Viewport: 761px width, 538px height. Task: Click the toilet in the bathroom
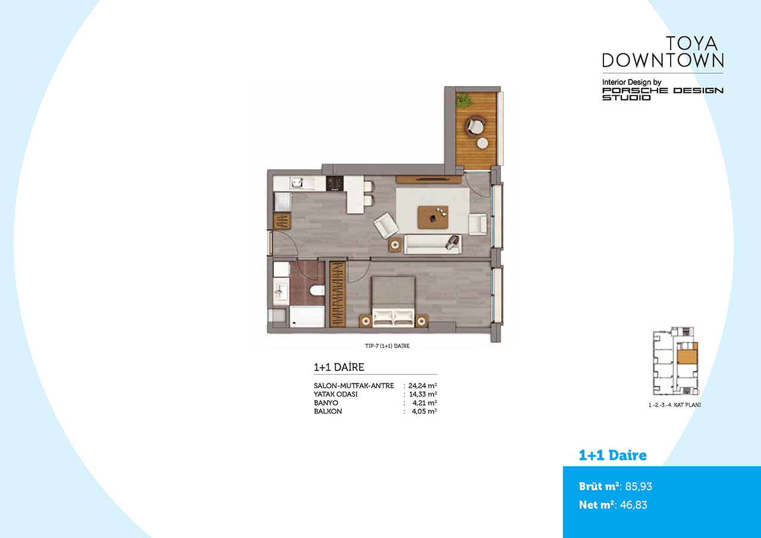click(317, 290)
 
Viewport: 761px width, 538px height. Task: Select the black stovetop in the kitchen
click(335, 184)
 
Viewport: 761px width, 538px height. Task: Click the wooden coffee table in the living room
click(433, 217)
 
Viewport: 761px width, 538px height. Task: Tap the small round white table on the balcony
click(482, 143)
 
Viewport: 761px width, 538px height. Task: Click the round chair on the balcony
click(475, 126)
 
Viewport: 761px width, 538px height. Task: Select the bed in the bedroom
click(394, 301)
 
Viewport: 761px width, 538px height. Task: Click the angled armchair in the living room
click(386, 225)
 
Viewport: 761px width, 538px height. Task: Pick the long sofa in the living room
click(433, 244)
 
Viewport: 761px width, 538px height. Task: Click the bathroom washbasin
click(281, 291)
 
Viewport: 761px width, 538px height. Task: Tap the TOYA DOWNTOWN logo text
click(663, 52)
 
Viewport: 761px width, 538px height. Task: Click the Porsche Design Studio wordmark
click(663, 94)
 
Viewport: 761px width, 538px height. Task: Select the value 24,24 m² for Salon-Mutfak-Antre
click(423, 385)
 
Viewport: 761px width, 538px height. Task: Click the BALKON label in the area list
click(328, 411)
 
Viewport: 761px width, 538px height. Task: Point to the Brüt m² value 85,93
click(639, 486)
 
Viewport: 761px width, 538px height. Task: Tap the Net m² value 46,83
click(634, 505)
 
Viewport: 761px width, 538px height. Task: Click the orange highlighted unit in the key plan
click(687, 356)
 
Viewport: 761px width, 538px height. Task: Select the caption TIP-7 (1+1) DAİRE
click(387, 346)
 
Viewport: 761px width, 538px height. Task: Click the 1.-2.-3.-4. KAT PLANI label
click(675, 405)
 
